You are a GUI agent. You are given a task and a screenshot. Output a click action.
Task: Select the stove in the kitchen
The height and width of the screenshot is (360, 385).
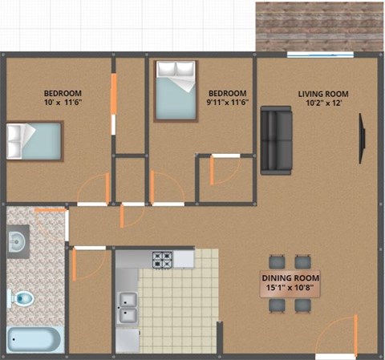(164, 259)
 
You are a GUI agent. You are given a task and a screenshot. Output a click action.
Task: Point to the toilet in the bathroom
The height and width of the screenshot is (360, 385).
(22, 299)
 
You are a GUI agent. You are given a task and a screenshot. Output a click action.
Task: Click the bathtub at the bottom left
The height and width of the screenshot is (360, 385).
(34, 338)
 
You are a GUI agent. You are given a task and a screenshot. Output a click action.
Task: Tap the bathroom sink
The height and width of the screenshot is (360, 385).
(18, 239)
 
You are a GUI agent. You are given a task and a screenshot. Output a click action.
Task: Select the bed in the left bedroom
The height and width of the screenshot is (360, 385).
(34, 141)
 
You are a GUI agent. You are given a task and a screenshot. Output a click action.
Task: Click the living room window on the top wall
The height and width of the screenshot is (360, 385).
(321, 55)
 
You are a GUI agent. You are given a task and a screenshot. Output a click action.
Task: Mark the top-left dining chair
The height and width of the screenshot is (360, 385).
(277, 261)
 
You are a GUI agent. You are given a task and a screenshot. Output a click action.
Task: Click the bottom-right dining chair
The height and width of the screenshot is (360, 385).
(302, 305)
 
